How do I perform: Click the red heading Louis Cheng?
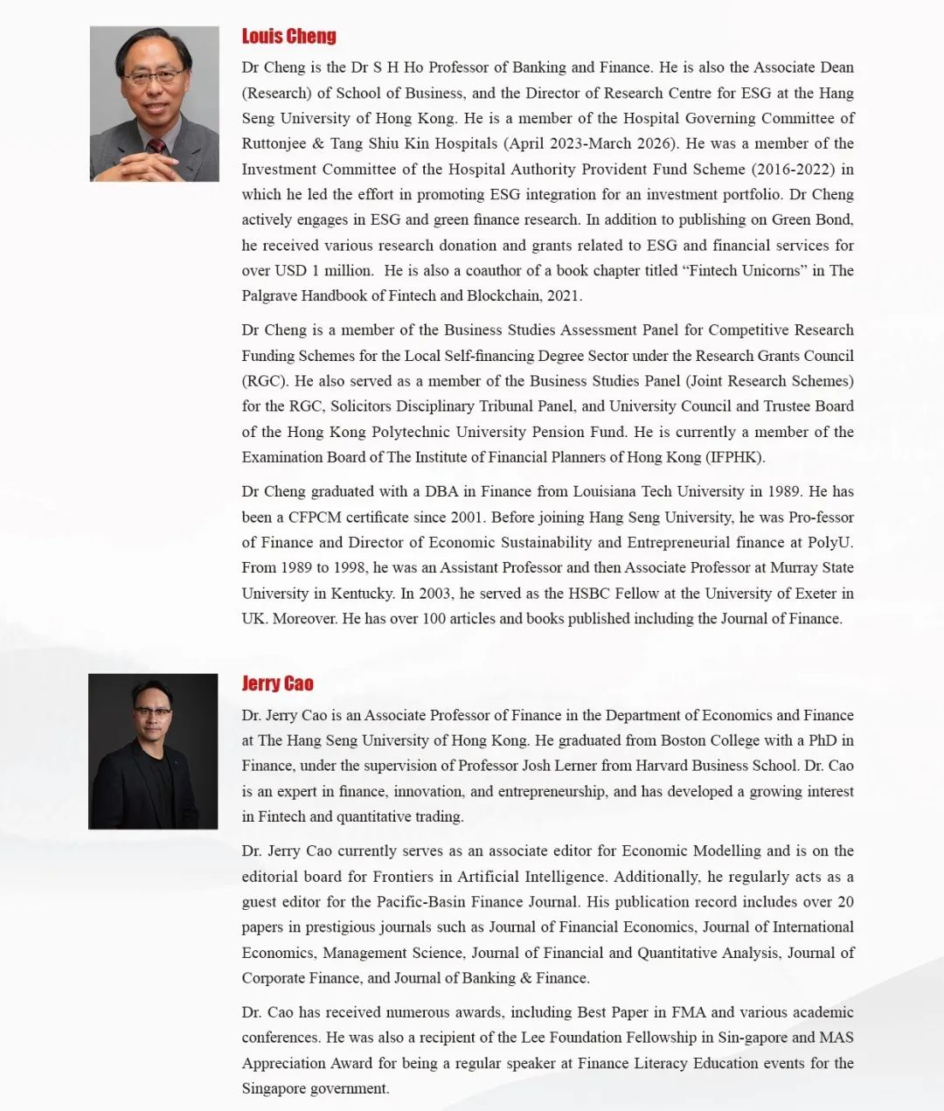coord(288,36)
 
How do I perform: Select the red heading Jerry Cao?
coord(277,684)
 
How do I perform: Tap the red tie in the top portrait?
coord(156,146)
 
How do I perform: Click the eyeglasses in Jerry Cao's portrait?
coord(152,712)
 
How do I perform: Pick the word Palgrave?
coord(269,295)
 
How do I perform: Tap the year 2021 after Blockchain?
coord(563,295)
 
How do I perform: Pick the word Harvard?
coord(668,766)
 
